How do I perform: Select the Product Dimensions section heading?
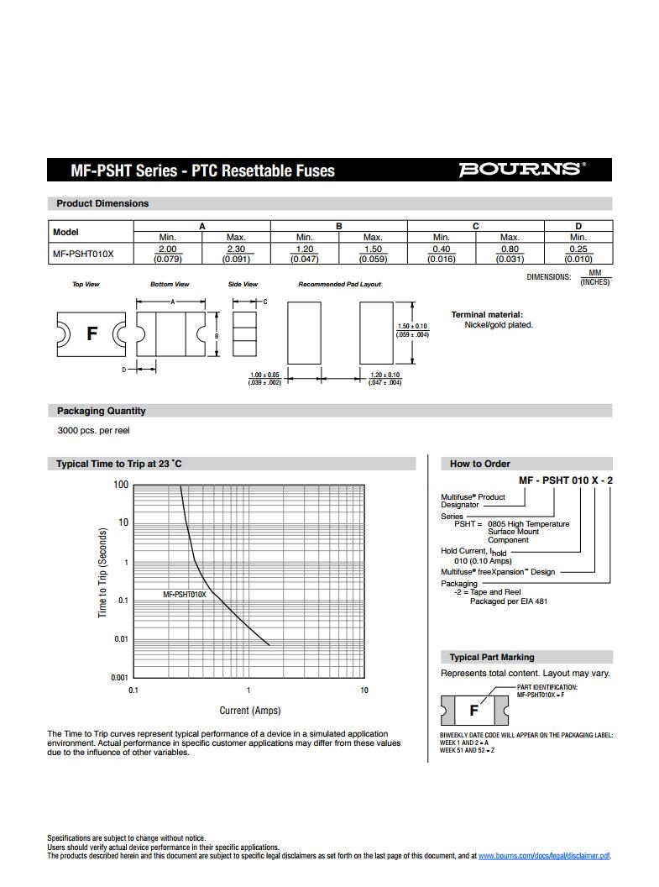coord(102,203)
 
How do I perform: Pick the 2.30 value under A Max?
coord(236,249)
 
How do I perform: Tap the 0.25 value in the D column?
coord(578,249)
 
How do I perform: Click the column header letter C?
coord(476,226)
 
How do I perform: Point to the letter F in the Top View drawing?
coord(92,333)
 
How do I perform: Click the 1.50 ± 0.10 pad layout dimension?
coord(411,326)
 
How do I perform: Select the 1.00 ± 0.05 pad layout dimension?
coord(264,375)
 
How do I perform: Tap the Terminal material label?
coord(487,314)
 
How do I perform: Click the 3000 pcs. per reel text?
coord(93,431)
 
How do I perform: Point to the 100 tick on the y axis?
coord(121,485)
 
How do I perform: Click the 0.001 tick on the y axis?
coord(119,677)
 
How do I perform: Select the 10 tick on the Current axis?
coord(364,690)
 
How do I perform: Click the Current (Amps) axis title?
coord(250,711)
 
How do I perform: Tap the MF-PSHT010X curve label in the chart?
coord(184,595)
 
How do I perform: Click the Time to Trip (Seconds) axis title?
coord(102,573)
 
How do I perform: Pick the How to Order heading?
coord(479,464)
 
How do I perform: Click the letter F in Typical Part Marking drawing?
coord(473,711)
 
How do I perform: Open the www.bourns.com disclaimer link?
coord(544,856)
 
